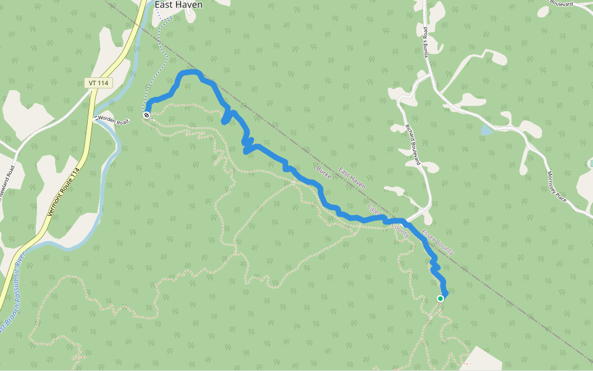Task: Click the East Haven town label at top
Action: point(178,4)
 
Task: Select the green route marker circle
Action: point(440,299)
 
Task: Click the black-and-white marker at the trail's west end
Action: point(146,115)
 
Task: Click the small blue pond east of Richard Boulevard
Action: point(486,130)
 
